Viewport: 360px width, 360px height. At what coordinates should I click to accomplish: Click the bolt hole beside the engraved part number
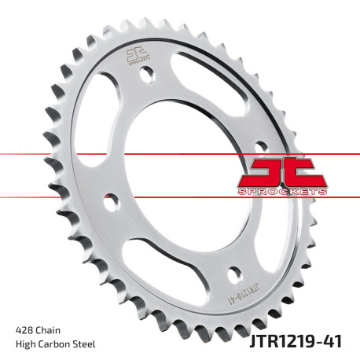coord(233,275)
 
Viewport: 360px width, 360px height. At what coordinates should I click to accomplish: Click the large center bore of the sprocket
coord(170,176)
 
